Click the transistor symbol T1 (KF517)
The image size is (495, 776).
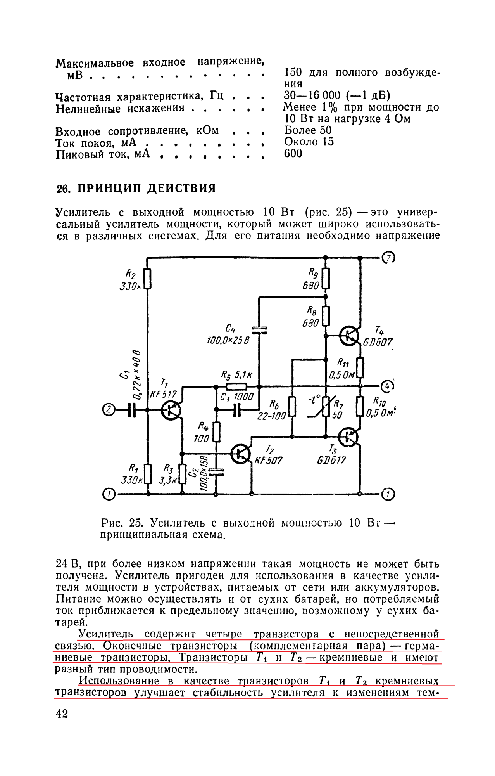tap(171, 410)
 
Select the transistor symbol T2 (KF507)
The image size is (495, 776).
tap(241, 453)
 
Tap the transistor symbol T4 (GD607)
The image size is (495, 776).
tap(349, 336)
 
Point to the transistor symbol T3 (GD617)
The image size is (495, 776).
tap(348, 437)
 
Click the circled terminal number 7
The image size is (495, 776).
tap(388, 258)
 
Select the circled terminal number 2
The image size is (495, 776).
tap(109, 410)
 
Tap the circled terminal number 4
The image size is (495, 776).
tap(387, 386)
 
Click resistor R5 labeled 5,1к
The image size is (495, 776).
tap(236, 386)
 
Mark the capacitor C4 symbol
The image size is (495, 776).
tap(259, 330)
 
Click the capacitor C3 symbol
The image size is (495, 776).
tap(237, 410)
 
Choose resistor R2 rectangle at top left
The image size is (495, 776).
tap(147, 279)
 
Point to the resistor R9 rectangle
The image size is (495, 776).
tap(326, 278)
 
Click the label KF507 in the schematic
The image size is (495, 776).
tap(268, 461)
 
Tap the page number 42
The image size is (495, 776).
tap(62, 714)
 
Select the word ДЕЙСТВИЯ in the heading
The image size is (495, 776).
tap(182, 189)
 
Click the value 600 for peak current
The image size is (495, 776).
tap(293, 154)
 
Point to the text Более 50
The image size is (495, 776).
tap(308, 130)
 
